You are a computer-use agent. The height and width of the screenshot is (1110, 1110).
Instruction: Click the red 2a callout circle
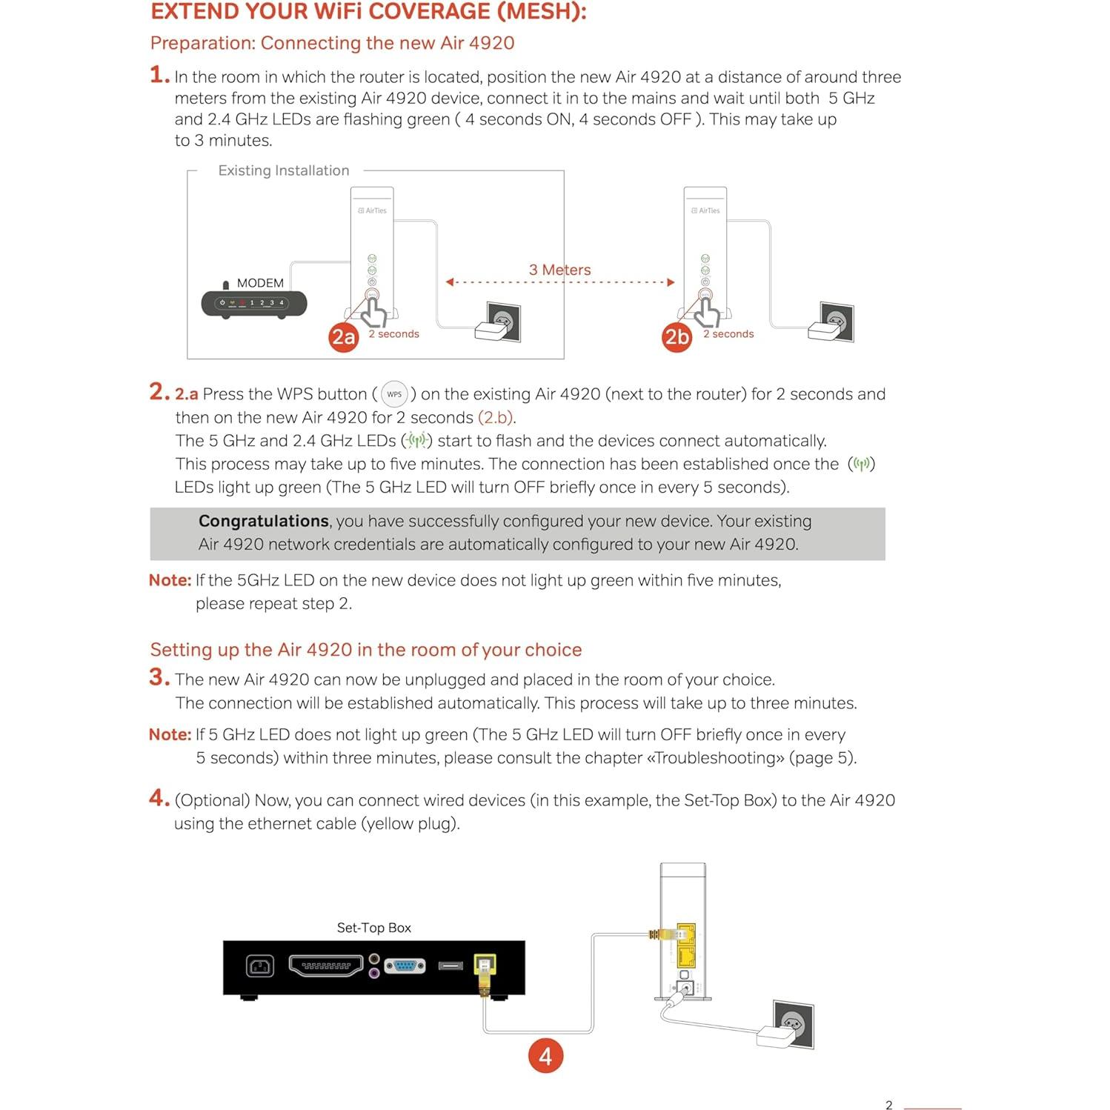343,337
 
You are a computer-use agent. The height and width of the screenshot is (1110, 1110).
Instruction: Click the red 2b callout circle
677,337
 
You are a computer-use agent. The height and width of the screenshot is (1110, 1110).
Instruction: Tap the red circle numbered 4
545,1056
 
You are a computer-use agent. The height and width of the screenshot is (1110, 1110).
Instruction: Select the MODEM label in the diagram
260,283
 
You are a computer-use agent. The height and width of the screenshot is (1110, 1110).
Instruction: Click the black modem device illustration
254,303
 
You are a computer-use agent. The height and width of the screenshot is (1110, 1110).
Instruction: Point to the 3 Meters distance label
559,270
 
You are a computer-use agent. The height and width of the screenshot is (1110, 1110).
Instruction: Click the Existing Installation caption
283,170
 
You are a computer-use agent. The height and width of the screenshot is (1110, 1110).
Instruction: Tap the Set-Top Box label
373,928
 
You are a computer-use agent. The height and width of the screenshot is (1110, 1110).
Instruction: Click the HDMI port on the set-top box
325,966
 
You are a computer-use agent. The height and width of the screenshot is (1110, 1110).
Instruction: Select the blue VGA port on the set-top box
405,966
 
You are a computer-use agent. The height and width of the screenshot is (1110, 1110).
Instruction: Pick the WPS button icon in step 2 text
394,394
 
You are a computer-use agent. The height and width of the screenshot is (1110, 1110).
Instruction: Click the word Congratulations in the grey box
263,521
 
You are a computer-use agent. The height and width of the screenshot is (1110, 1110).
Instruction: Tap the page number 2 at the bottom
888,1104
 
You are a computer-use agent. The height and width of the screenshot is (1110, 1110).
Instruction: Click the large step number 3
159,677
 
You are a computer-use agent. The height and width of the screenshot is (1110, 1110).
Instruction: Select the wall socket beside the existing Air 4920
502,322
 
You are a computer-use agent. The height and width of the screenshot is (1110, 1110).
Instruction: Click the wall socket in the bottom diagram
793,1023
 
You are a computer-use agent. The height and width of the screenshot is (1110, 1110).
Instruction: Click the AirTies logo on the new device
705,210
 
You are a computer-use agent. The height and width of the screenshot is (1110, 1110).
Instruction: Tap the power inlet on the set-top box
259,966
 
